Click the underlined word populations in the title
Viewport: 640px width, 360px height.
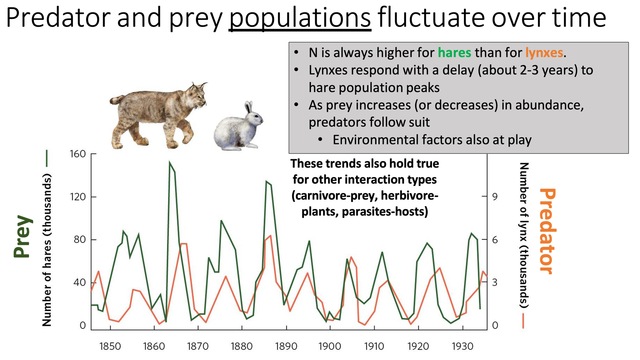300,18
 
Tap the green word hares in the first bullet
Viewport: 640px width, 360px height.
454,52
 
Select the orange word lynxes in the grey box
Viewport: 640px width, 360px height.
544,52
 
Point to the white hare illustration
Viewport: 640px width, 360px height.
238,127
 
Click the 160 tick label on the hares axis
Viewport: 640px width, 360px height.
78,154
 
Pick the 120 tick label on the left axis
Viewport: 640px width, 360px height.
78,197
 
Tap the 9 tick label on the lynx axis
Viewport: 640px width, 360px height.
495,197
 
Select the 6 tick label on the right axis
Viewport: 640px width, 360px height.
495,240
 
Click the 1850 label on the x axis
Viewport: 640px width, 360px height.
110,346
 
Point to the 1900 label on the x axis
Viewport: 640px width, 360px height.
330,346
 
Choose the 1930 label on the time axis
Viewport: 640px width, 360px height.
462,346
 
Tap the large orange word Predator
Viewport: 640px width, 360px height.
547,231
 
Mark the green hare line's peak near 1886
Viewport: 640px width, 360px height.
266,182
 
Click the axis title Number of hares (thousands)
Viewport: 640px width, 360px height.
47,250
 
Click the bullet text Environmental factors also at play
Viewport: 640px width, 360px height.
432,140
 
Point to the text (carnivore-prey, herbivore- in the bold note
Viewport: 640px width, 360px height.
365,196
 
